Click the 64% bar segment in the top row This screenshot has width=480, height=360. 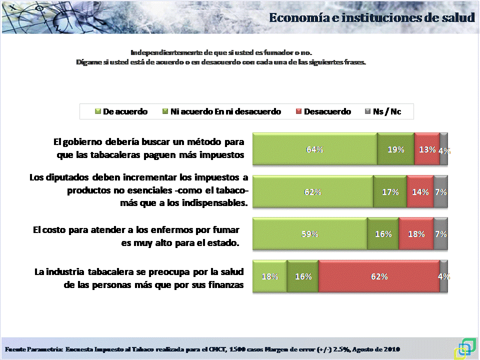(x=315, y=149)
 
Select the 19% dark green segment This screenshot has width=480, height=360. (x=395, y=149)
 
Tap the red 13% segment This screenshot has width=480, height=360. (x=427, y=149)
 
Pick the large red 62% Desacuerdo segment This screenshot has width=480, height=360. (x=379, y=276)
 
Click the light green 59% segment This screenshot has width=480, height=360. (x=310, y=233)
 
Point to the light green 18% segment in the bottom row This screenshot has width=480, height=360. (x=270, y=276)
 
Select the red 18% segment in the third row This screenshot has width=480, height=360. (x=416, y=233)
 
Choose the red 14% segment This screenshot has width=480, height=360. (x=420, y=191)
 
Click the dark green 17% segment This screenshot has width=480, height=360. (x=390, y=191)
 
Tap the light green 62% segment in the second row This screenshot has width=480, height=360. (x=313, y=191)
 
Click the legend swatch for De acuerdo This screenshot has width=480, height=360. (x=98, y=111)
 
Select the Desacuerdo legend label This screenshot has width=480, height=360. (x=327, y=111)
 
